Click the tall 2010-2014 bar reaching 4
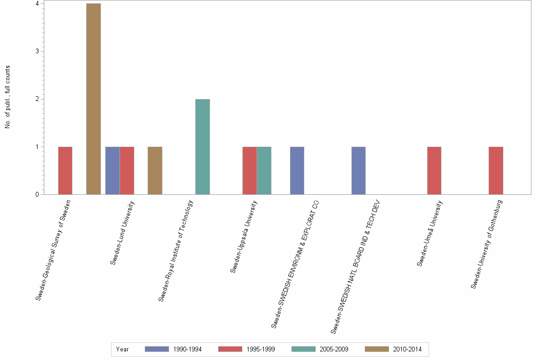pyautogui.click(x=93, y=99)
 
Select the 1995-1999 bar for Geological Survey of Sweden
pyautogui.click(x=65, y=170)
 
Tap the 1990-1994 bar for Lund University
pyautogui.click(x=112, y=170)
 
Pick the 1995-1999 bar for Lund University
pyautogui.click(x=127, y=170)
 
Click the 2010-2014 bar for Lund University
pyautogui.click(x=155, y=170)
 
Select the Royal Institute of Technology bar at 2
pyautogui.click(x=202, y=147)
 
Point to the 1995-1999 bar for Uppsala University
pyautogui.click(x=250, y=170)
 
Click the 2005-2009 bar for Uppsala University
pyautogui.click(x=264, y=170)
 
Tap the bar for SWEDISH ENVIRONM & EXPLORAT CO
pyautogui.click(x=297, y=170)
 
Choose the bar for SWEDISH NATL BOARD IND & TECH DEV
pyautogui.click(x=358, y=170)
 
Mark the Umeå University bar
pyautogui.click(x=434, y=170)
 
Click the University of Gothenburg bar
pyautogui.click(x=495, y=170)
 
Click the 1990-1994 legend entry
pyautogui.click(x=173, y=349)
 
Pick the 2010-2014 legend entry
pyautogui.click(x=393, y=349)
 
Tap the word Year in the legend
pyautogui.click(x=122, y=349)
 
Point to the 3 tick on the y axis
pyautogui.click(x=37, y=51)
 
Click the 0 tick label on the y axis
pyautogui.click(x=37, y=194)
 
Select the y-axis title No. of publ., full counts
pyautogui.click(x=8, y=97)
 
